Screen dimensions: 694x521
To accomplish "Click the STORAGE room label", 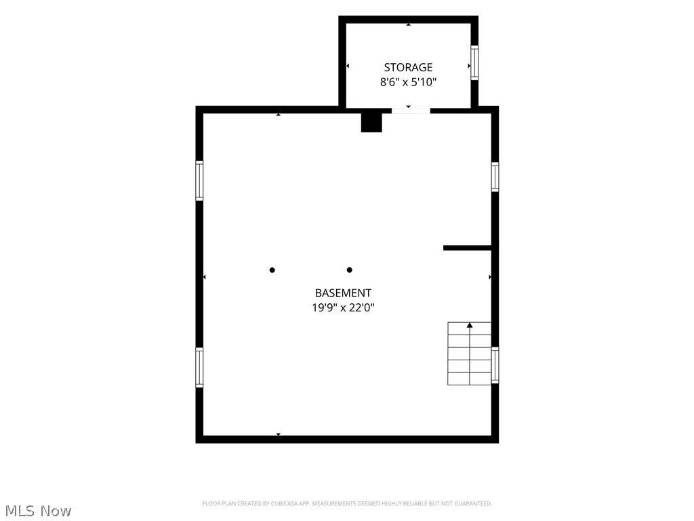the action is (408, 67).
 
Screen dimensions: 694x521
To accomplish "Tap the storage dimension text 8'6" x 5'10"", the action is (408, 82).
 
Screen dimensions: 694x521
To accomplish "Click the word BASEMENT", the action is (343, 293).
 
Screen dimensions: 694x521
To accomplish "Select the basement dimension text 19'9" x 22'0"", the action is (343, 307).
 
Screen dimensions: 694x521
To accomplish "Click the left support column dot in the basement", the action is (272, 270).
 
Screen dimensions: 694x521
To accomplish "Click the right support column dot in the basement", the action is (349, 270).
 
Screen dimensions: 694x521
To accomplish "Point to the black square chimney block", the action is (371, 122).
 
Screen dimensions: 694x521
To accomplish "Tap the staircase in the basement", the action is (469, 353).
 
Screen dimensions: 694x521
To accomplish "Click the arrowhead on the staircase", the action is (470, 325).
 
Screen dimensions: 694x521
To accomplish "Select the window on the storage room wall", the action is (474, 62).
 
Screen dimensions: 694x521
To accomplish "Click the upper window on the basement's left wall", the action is (200, 180).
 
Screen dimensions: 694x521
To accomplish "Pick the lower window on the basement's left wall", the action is (200, 368).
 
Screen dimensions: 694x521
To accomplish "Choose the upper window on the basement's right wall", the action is (495, 177).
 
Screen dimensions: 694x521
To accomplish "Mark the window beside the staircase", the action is (495, 365).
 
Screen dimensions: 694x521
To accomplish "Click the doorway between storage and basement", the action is (411, 111).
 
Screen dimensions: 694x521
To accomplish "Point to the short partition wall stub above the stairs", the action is (468, 248).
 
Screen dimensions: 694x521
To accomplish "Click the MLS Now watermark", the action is (38, 511).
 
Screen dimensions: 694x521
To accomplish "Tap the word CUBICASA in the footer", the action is (284, 504).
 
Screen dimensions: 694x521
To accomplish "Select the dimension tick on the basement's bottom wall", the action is (279, 435).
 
